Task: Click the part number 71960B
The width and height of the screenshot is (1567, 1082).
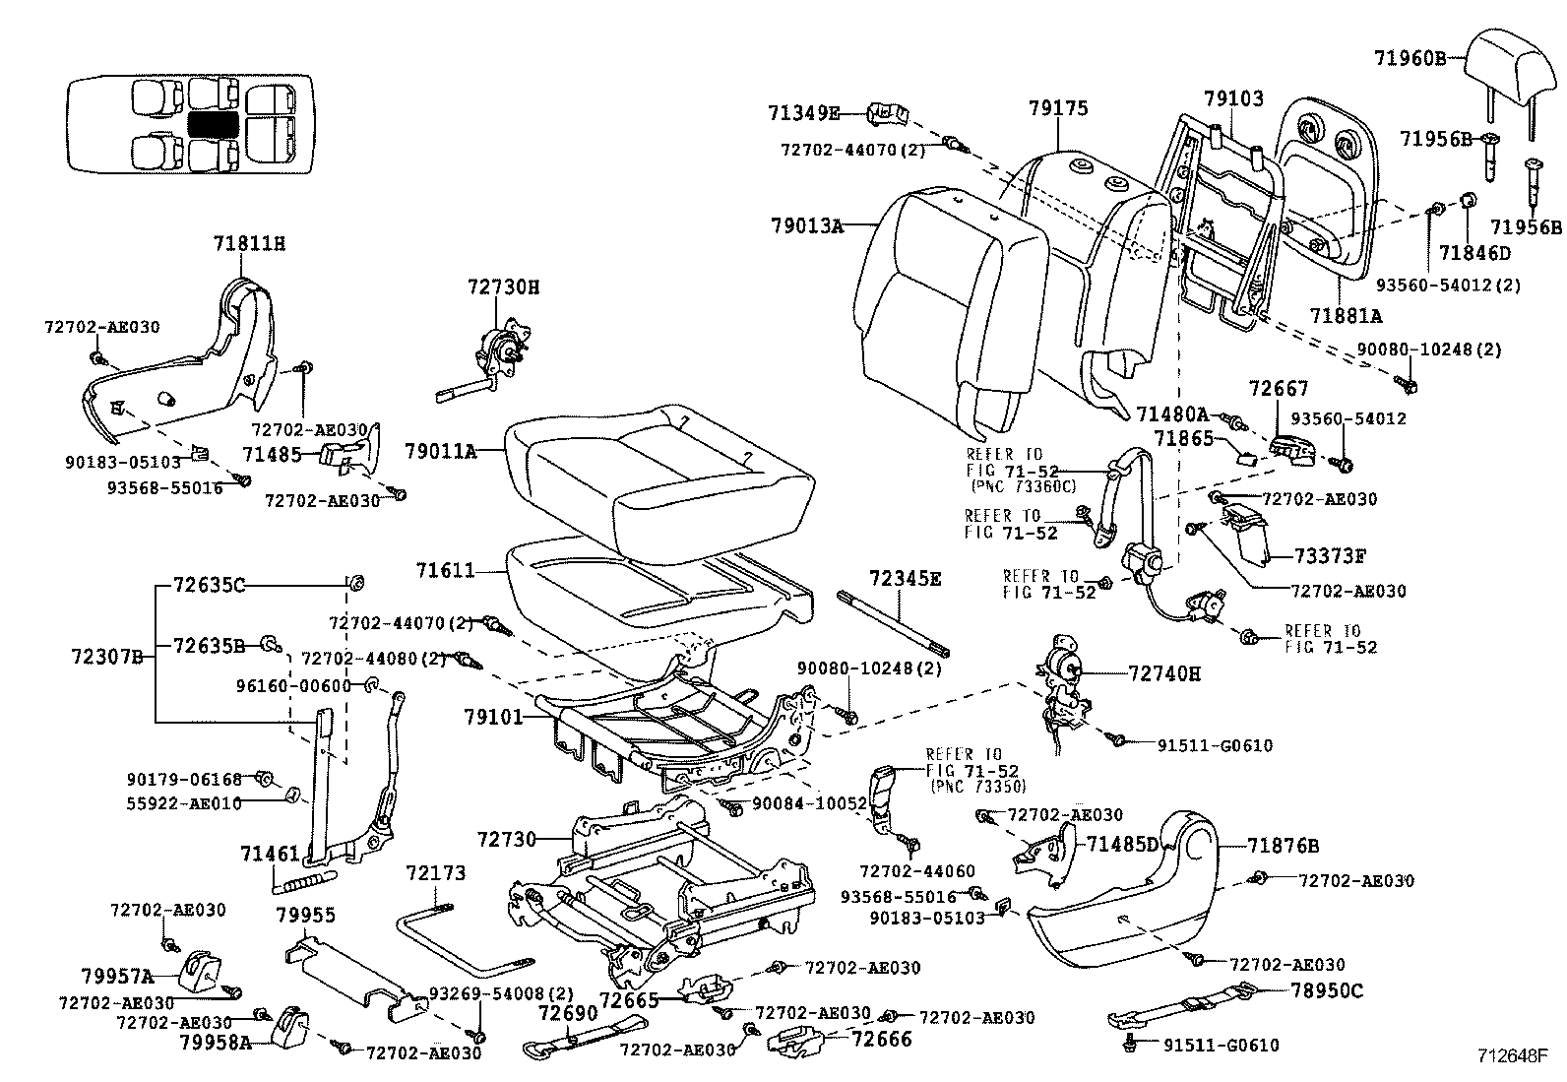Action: coord(1410,58)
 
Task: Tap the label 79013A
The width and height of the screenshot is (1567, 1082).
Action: coord(807,225)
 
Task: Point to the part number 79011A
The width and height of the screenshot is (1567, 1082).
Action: coord(440,452)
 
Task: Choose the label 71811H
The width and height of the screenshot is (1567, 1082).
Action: coord(250,243)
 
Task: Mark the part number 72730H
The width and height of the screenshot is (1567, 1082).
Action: coord(503,286)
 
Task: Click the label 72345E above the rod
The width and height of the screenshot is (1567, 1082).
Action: coord(904,578)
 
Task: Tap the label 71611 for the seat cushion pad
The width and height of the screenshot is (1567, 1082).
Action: coord(445,570)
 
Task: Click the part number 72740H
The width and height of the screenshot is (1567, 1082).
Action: coord(1164,673)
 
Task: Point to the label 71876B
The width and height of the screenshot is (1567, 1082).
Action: coord(1283,845)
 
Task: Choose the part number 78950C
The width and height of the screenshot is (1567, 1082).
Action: coord(1326,990)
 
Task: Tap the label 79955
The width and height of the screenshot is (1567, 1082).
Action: coord(305,915)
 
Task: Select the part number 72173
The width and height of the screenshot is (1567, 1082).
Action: coord(436,873)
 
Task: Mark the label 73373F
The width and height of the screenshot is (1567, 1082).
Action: coord(1329,555)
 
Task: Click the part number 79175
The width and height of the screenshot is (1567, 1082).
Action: coord(1058,108)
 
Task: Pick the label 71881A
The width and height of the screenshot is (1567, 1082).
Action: coord(1346,315)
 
